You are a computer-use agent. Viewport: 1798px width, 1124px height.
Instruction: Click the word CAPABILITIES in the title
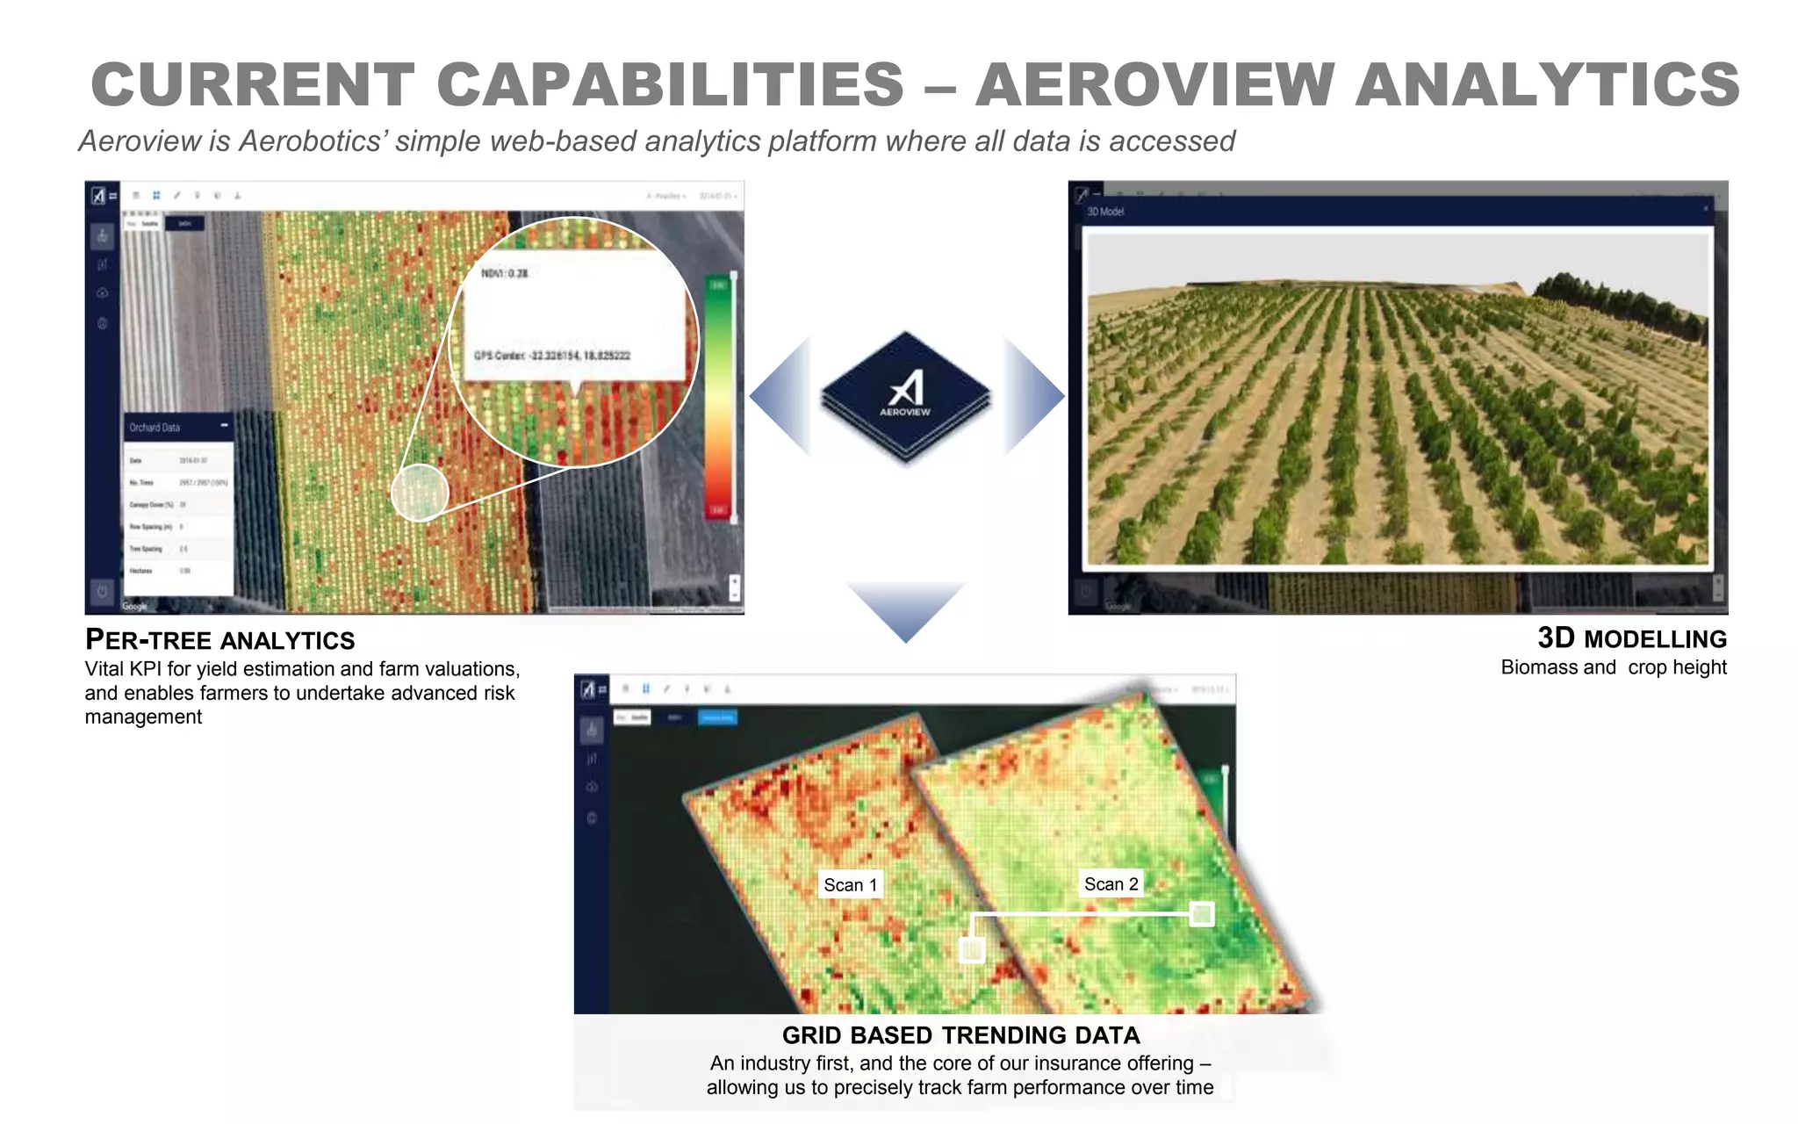pyautogui.click(x=671, y=85)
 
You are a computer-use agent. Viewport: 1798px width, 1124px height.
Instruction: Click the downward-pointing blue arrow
pyautogui.click(x=905, y=608)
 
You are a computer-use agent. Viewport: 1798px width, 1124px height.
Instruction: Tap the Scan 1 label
pyautogui.click(x=850, y=885)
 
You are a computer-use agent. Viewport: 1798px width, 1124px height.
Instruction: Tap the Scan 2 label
pyautogui.click(x=1111, y=884)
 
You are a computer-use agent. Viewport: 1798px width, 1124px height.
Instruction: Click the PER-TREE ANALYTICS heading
pyautogui.click(x=219, y=640)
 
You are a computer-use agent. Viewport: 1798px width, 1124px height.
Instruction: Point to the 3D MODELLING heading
pyautogui.click(x=1632, y=638)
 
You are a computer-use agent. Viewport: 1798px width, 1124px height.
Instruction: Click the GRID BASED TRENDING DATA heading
pyautogui.click(x=960, y=1036)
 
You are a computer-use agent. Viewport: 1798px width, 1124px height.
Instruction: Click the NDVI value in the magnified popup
pyautogui.click(x=505, y=274)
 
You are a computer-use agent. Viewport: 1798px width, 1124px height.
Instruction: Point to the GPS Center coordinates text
pyautogui.click(x=552, y=356)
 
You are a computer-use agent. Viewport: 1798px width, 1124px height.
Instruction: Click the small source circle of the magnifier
pyautogui.click(x=420, y=493)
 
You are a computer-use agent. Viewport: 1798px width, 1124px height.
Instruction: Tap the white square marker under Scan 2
pyautogui.click(x=1201, y=914)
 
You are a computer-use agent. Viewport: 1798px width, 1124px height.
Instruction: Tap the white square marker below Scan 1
pyautogui.click(x=972, y=949)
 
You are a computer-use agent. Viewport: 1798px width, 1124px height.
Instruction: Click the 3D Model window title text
pyautogui.click(x=1105, y=212)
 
